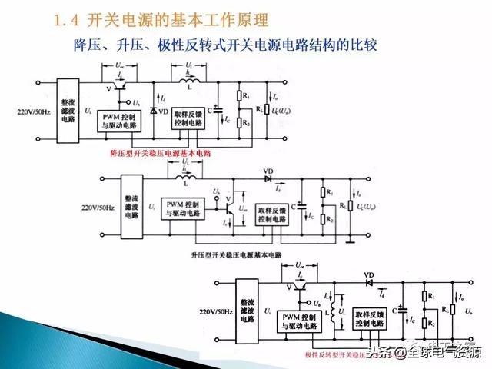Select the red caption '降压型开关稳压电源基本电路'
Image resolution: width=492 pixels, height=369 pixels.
coord(161,154)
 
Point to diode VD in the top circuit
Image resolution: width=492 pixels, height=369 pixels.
coord(154,111)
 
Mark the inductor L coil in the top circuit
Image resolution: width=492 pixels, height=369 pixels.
coord(186,81)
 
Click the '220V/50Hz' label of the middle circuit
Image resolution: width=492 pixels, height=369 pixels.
coord(98,208)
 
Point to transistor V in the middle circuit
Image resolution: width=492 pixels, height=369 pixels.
coord(229,204)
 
